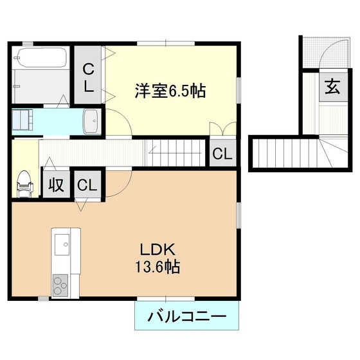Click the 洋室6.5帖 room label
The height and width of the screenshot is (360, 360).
170,91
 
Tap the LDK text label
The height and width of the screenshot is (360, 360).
157,249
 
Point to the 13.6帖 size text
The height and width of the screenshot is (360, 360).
157,267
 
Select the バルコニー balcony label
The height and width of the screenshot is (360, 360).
187,316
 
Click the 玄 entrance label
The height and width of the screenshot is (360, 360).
332,87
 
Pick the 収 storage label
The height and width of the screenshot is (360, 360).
57,184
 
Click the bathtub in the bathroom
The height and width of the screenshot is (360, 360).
42,57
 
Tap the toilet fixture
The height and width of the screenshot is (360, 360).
25,184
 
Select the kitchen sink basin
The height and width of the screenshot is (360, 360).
62,244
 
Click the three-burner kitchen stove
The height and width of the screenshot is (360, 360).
60,285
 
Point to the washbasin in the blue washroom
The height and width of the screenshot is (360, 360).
93,122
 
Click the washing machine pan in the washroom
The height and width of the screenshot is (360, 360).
22,120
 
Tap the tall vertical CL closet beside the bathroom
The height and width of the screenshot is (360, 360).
88,75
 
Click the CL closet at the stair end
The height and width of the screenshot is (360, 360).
222,153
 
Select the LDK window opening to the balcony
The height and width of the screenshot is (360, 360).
166,298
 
